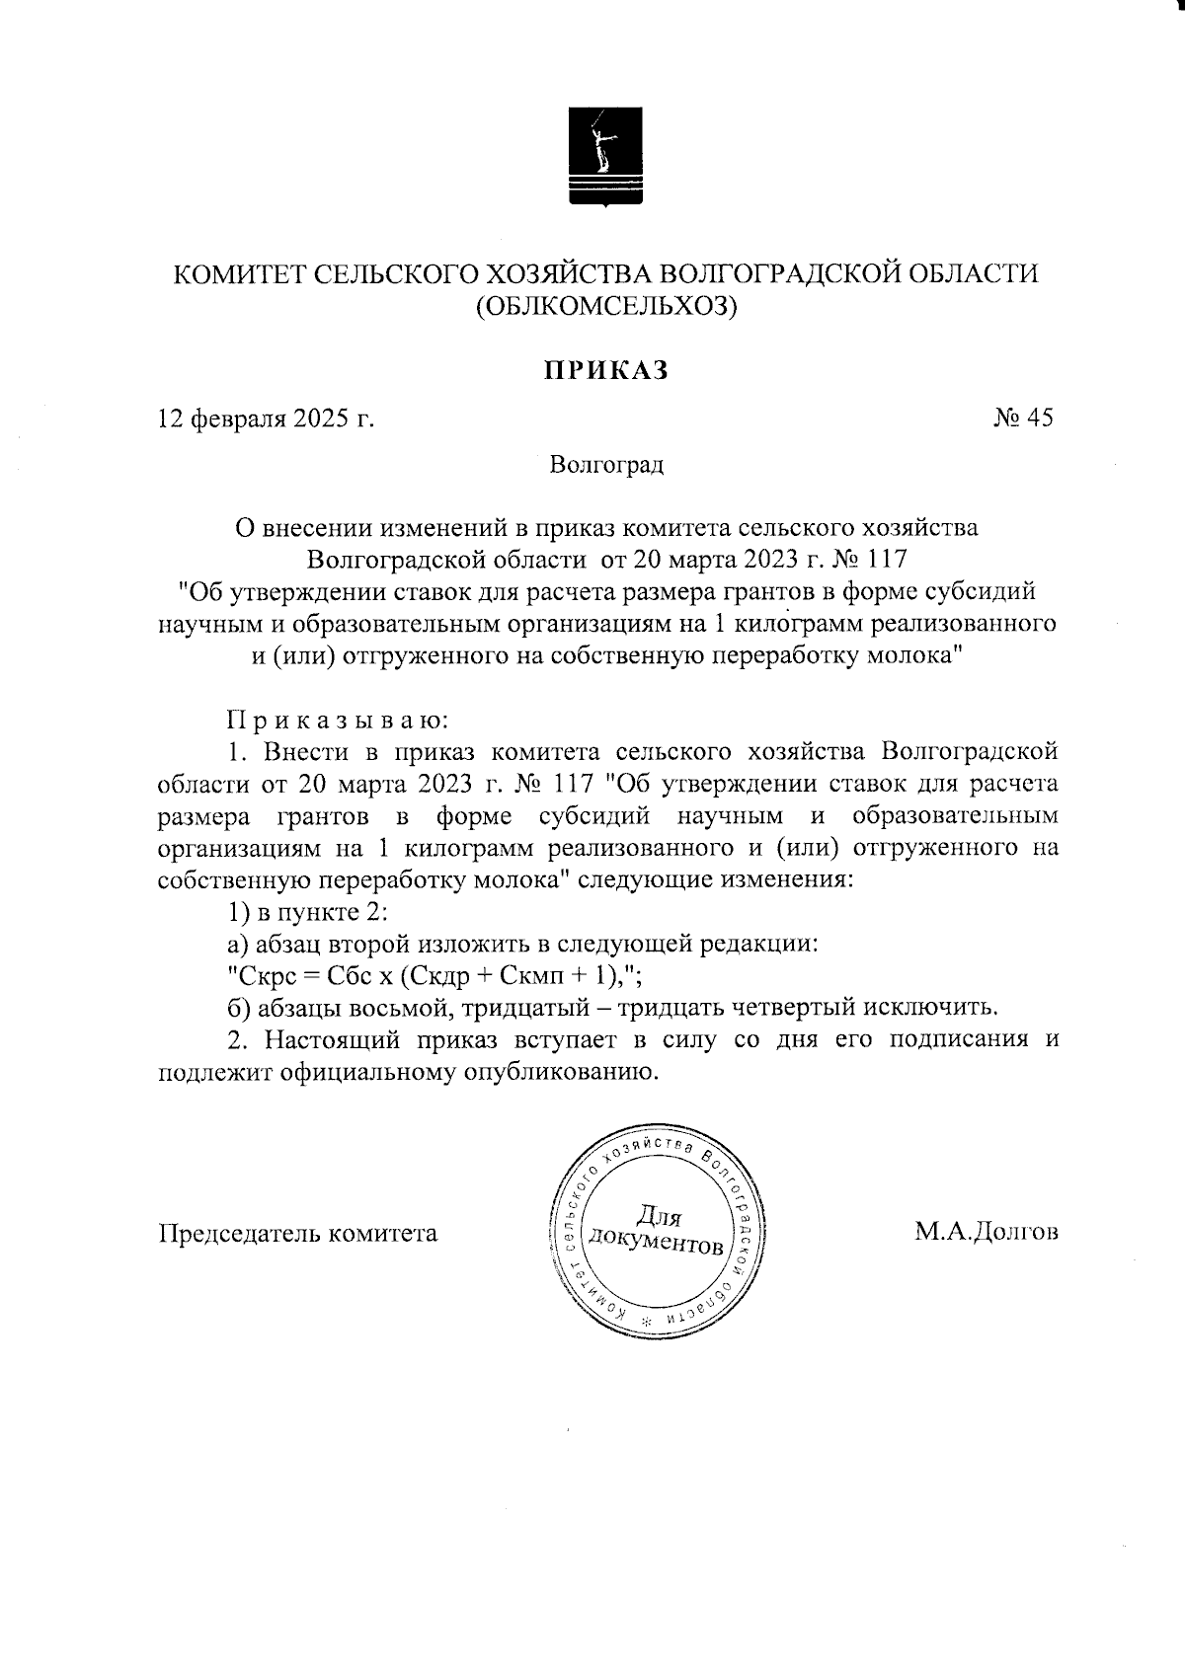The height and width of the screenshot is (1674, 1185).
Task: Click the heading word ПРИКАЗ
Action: (605, 369)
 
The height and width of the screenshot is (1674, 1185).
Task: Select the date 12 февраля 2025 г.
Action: (267, 418)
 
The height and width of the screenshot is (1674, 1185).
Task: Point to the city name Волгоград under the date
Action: (606, 464)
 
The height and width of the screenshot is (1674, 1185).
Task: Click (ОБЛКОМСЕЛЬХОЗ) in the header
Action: (605, 307)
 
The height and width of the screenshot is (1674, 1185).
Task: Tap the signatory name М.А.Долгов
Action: (986, 1232)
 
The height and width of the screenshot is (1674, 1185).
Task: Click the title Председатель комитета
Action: (298, 1233)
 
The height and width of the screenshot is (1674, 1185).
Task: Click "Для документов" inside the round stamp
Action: (656, 1230)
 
